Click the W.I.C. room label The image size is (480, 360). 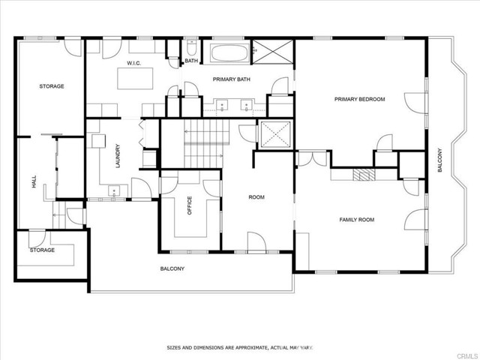click(x=133, y=63)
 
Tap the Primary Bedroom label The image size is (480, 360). click(x=359, y=99)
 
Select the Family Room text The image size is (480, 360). click(x=357, y=220)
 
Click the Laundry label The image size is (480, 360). click(x=118, y=156)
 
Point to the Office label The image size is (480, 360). click(x=189, y=205)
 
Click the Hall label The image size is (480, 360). click(x=34, y=181)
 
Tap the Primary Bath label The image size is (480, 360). click(x=232, y=79)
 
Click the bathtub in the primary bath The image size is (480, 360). click(x=229, y=53)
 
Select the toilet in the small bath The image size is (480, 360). click(x=192, y=47)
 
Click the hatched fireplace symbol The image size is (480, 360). click(x=364, y=175)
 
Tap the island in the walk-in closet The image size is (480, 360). click(x=135, y=78)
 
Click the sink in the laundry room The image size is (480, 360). click(x=114, y=191)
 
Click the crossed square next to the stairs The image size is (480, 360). click(x=274, y=134)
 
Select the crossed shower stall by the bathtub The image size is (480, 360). click(x=272, y=52)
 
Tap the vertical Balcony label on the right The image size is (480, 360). click(x=439, y=160)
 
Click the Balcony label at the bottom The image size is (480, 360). click(x=172, y=268)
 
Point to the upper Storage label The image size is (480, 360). click(x=52, y=86)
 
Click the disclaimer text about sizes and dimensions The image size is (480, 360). click(x=240, y=348)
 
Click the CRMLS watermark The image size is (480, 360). click(x=467, y=356)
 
